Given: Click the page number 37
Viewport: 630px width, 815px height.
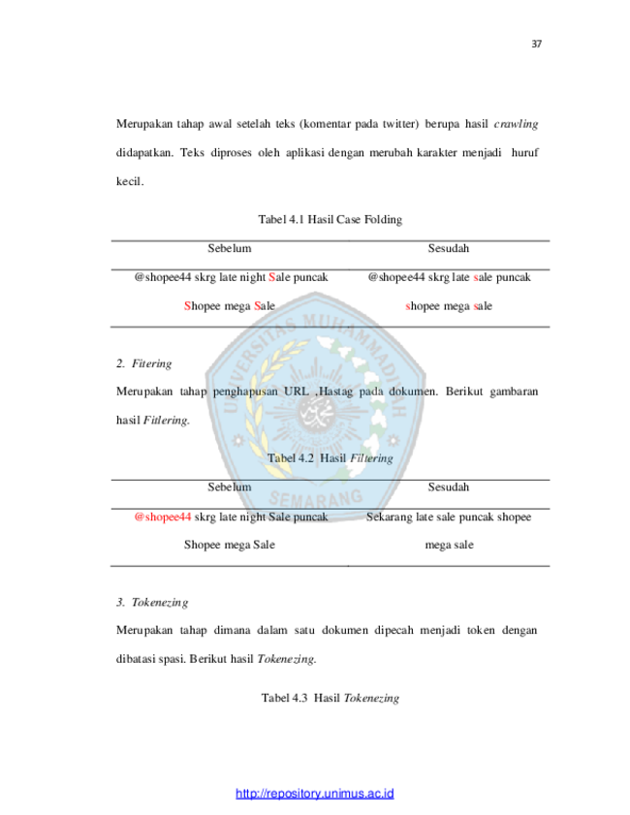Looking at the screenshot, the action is click(536, 45).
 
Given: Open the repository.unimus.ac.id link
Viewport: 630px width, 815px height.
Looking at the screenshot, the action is click(314, 794).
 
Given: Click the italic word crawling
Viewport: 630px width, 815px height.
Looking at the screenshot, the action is click(516, 124).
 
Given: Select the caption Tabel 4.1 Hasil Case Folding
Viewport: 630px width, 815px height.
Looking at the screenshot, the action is click(331, 219).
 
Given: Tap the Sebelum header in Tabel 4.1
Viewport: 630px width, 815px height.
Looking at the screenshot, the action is click(230, 248).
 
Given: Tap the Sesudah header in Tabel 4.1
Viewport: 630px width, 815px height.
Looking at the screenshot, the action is click(449, 248).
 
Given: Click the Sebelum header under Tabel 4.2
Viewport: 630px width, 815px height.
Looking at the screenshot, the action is click(230, 487).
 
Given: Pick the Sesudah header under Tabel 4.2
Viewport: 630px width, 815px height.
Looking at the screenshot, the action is click(449, 487).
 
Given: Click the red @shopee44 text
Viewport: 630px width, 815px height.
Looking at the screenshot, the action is click(163, 517).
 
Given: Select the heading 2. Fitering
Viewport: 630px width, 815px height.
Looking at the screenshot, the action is click(144, 363).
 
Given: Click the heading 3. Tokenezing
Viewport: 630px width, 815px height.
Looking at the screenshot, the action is click(152, 603).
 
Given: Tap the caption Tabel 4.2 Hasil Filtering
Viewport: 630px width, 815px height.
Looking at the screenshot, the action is click(331, 458).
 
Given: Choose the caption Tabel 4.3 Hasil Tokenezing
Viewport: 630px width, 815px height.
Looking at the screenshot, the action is click(331, 698).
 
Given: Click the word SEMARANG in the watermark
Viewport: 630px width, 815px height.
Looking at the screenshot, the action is click(316, 499).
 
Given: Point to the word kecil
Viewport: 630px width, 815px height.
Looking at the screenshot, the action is click(130, 181).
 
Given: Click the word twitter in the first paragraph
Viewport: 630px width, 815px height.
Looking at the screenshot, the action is click(400, 124).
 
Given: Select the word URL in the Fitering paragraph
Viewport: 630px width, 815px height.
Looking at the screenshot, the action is click(297, 392).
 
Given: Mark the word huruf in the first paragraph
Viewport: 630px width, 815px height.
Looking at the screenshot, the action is click(524, 153).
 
